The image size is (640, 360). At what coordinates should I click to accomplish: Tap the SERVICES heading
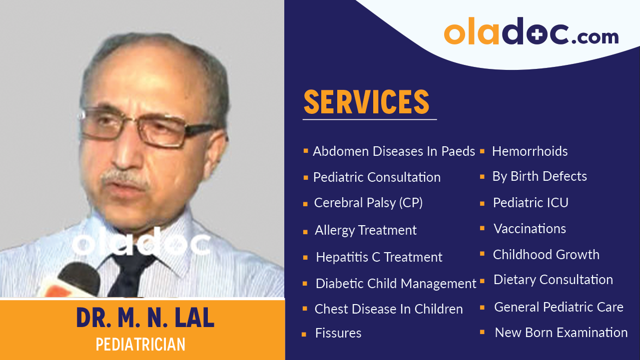[366, 102]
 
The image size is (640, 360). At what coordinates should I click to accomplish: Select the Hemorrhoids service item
[530, 151]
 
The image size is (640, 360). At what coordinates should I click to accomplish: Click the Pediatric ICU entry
[530, 203]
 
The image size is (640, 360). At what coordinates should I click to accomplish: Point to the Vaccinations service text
[530, 229]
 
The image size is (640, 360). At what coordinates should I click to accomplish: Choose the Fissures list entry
[338, 333]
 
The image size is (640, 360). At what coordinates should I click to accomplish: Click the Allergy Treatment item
[365, 230]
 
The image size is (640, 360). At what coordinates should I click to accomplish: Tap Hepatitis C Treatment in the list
[379, 257]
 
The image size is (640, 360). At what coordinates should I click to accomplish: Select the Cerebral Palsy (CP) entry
[368, 203]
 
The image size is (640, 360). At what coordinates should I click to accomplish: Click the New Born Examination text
[561, 333]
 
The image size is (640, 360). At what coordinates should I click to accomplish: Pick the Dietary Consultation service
[553, 280]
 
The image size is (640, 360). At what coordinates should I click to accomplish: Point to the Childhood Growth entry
[546, 255]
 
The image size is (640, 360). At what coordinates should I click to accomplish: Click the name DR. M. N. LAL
[145, 318]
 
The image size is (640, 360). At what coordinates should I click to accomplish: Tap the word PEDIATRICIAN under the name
[140, 345]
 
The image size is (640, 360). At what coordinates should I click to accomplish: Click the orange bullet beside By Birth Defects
[482, 177]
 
